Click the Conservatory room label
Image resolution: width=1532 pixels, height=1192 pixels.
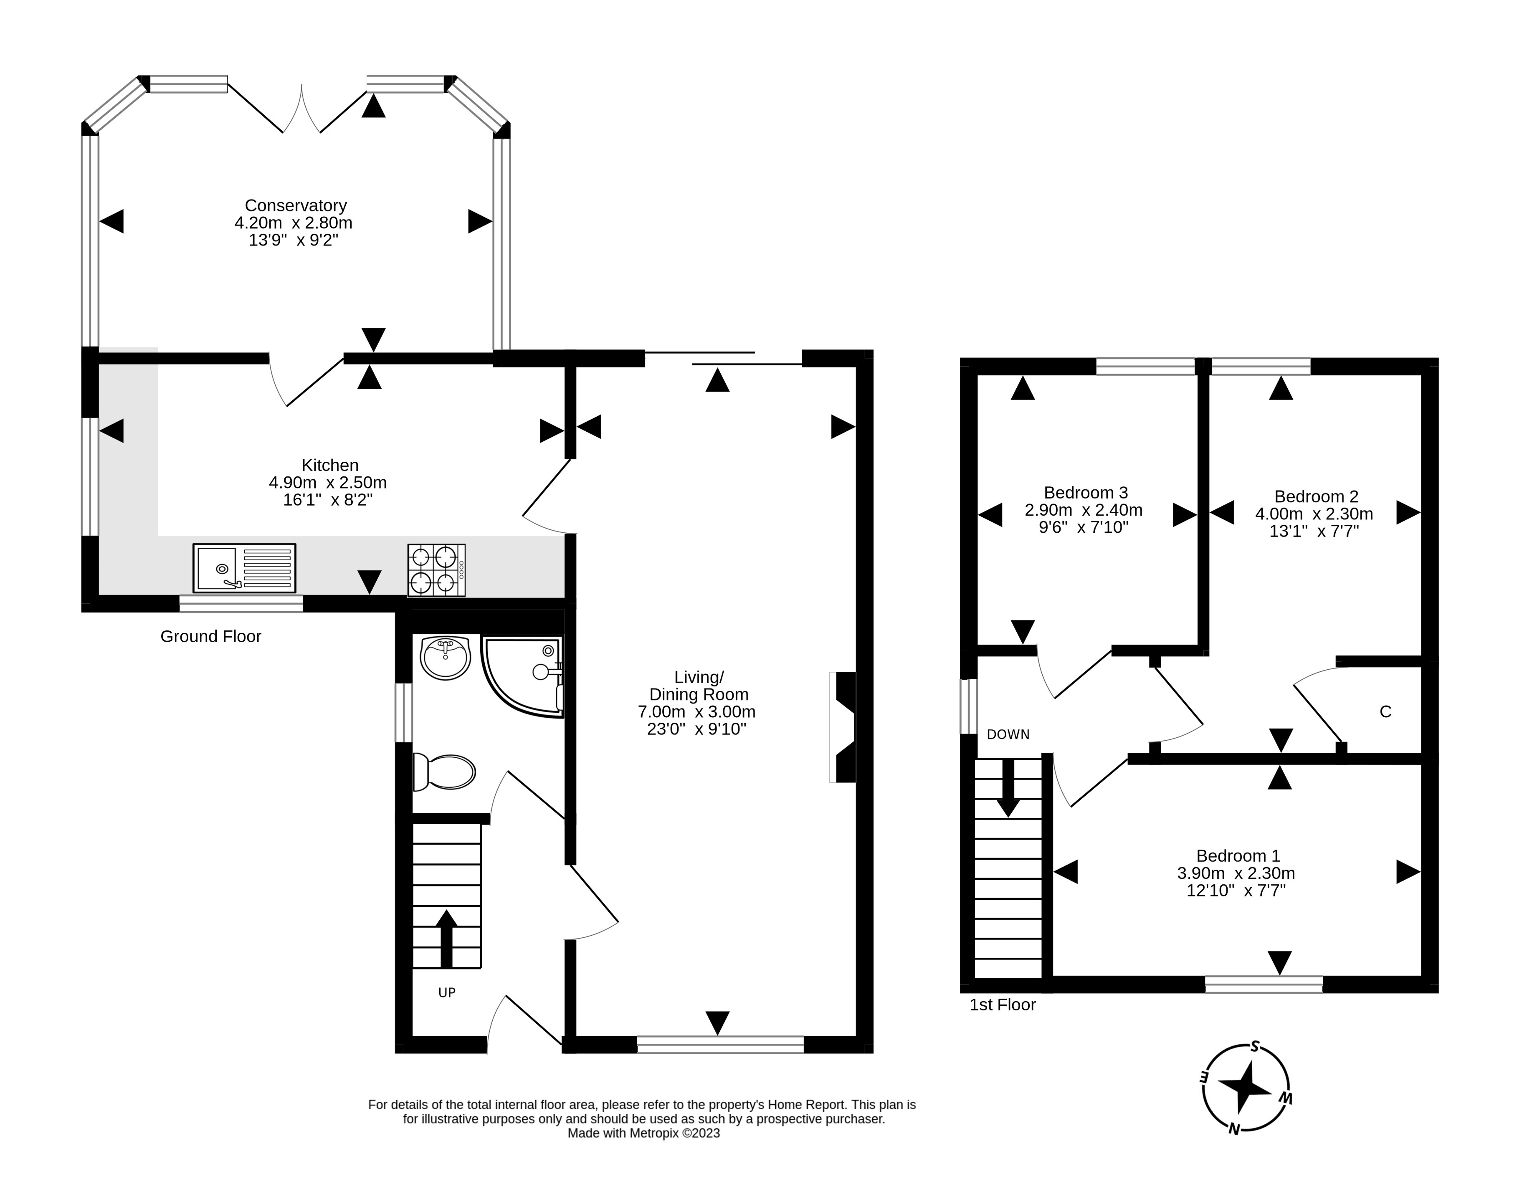(295, 205)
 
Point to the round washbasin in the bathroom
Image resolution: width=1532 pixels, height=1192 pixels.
(445, 658)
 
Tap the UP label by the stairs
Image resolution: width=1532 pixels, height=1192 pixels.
(447, 993)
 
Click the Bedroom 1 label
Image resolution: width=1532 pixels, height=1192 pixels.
(1238, 856)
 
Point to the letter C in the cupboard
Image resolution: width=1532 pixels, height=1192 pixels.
(1385, 712)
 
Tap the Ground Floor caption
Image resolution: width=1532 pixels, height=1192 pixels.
(210, 636)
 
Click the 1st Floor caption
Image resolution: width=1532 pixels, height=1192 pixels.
(1003, 1005)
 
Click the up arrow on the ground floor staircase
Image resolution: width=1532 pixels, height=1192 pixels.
(446, 938)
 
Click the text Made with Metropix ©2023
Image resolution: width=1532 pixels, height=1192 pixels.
(643, 1133)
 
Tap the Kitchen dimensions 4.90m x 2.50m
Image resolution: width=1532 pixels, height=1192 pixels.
(328, 483)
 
